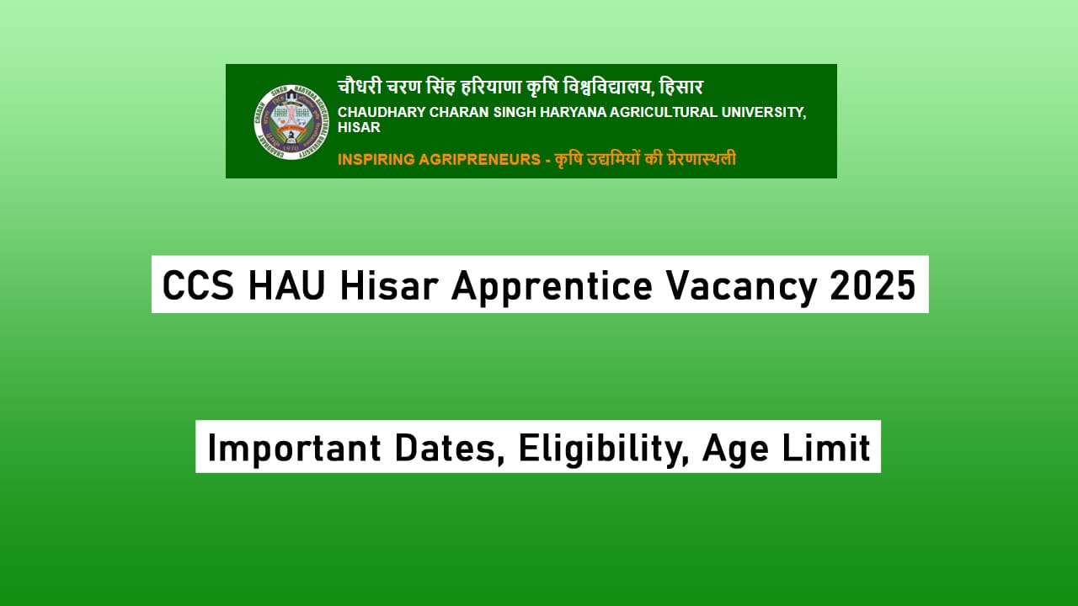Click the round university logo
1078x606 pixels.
pyautogui.click(x=291, y=121)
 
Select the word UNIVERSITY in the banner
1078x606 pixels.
pyautogui.click(x=765, y=113)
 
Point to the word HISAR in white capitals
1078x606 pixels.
pyautogui.click(x=359, y=128)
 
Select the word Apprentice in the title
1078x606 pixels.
pyautogui.click(x=552, y=286)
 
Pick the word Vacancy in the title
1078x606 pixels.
pyautogui.click(x=741, y=286)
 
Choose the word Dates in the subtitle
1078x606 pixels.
pyautogui.click(x=457, y=448)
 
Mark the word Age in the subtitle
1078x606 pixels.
pyautogui.click(x=733, y=448)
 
